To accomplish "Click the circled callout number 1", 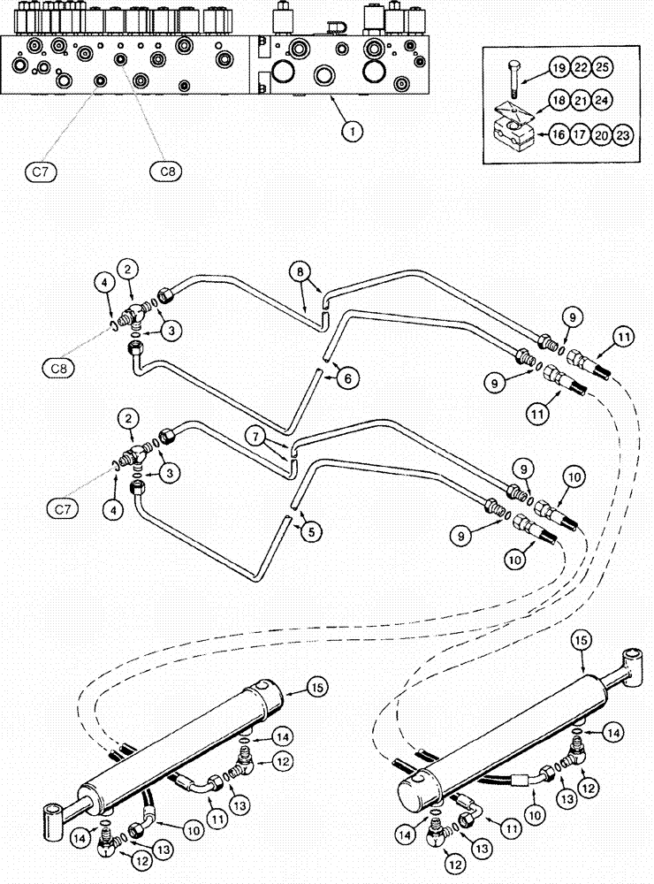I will (x=352, y=132).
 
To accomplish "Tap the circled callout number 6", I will (x=346, y=377).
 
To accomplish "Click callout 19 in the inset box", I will (x=557, y=68).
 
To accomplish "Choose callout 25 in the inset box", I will (x=602, y=68).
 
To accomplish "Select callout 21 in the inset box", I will (x=580, y=101).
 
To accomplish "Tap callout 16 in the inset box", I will (x=558, y=135).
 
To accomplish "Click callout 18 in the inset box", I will (x=558, y=101).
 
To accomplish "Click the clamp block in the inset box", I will (x=513, y=137).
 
